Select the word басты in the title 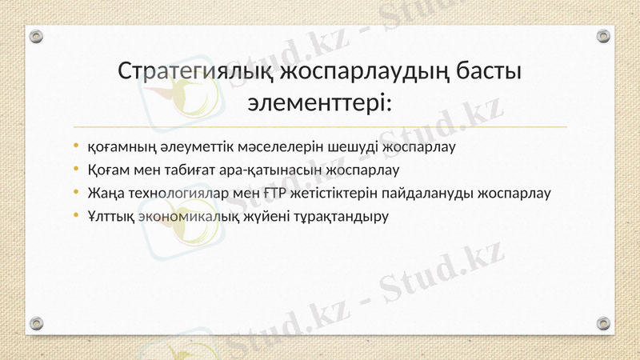coord(489,71)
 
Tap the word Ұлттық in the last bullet coord(110,216)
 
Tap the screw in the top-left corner coord(36,36)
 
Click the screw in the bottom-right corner coord(603,322)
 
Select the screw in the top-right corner coord(603,36)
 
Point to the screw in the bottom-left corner coord(36,322)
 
